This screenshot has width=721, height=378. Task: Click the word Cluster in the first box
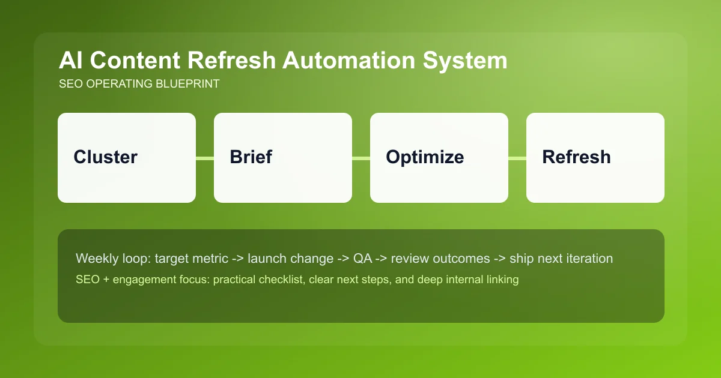point(105,157)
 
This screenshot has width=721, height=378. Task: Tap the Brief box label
point(251,157)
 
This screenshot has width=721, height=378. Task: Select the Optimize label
point(425,157)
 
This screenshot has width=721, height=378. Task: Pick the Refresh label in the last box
point(576,157)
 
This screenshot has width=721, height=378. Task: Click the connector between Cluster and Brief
point(205,158)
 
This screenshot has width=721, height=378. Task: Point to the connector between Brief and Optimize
point(361,158)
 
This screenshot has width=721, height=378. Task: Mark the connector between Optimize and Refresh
point(517,158)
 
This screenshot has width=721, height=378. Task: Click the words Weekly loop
point(112,259)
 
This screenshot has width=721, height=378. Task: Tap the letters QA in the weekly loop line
point(362,259)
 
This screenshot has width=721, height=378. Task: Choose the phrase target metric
point(190,259)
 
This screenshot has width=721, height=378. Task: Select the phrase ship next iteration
point(561,259)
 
